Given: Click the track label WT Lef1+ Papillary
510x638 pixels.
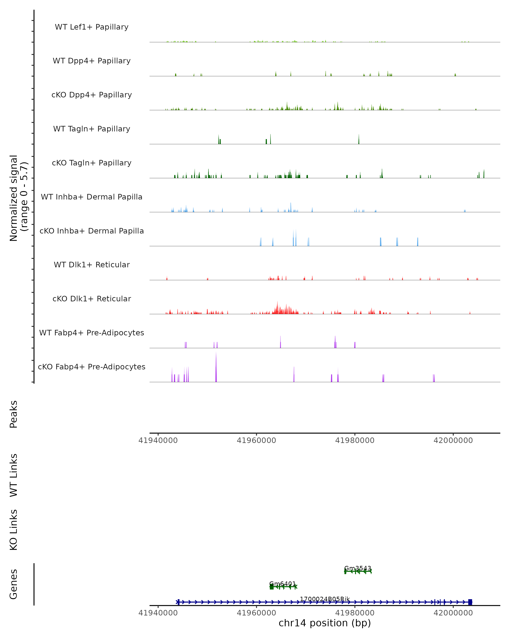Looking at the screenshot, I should pyautogui.click(x=92, y=27).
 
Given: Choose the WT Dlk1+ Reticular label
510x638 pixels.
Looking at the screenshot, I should pyautogui.click(x=92, y=265).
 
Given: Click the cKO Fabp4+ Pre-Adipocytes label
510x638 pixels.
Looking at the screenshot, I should pyautogui.click(x=92, y=367).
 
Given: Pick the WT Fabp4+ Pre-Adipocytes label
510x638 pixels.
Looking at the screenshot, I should pyautogui.click(x=92, y=333).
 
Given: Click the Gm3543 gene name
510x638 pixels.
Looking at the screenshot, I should pyautogui.click(x=358, y=568).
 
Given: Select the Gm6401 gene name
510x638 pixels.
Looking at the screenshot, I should pyautogui.click(x=283, y=584).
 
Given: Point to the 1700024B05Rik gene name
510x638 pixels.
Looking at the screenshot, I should pyautogui.click(x=325, y=599).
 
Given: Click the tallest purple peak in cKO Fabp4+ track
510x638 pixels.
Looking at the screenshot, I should pyautogui.click(x=216, y=367).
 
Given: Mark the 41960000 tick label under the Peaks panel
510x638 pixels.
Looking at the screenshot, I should pyautogui.click(x=256, y=440).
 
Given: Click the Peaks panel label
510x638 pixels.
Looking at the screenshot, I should pyautogui.click(x=14, y=414).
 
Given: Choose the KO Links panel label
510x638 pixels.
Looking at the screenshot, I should pyautogui.click(x=14, y=530).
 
